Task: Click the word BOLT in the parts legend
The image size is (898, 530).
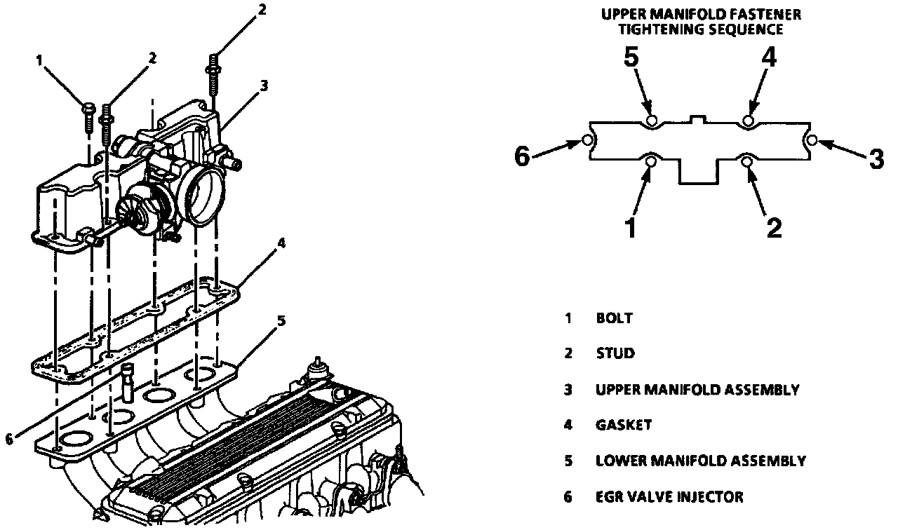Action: point(615,318)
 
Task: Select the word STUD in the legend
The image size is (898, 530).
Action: point(615,353)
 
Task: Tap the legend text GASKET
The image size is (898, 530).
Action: point(624,425)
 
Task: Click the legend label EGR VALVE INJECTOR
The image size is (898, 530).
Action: point(669,497)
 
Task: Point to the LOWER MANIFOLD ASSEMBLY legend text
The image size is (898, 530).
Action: point(700,461)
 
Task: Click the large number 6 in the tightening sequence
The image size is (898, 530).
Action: point(522,156)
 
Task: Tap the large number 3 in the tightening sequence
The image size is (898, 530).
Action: point(876,158)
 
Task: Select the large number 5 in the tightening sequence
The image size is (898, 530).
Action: point(631,57)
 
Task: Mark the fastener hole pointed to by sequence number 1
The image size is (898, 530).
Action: point(652,162)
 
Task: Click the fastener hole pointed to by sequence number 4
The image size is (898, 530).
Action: point(749,121)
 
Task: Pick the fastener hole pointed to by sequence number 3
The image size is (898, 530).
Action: point(812,141)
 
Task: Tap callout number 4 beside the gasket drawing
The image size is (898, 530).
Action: point(281,244)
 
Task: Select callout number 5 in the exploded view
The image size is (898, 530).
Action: point(281,321)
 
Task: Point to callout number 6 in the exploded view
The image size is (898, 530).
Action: point(8,440)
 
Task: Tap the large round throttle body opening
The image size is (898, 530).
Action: point(205,197)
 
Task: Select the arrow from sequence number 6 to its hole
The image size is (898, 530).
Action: point(558,147)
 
